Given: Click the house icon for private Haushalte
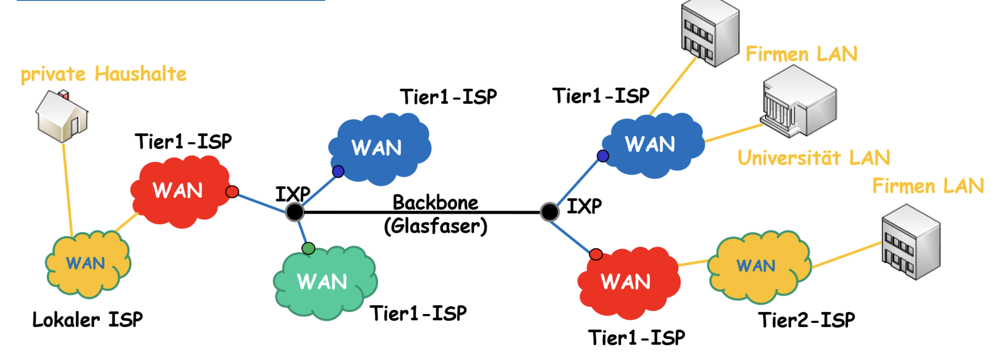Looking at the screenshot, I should point(62,116).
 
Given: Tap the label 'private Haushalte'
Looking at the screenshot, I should point(104,74).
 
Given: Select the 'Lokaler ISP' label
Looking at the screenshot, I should point(87,320).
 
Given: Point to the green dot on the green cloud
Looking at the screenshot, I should point(308,248).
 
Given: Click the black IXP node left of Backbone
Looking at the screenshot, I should point(295,212).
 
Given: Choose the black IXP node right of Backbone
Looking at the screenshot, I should point(549,212).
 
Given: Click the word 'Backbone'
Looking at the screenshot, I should point(435,202).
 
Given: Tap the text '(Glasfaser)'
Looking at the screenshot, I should point(435,226).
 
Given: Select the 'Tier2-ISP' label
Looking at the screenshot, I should point(806,320).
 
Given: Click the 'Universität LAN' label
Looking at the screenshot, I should point(814,157).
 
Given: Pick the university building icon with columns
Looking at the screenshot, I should point(799,102).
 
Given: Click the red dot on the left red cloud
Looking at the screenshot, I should point(232,192).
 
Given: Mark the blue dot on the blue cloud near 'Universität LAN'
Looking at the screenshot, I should point(603,156).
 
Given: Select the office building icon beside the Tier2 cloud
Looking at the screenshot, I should point(911,242).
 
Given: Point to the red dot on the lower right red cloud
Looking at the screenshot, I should point(596,254).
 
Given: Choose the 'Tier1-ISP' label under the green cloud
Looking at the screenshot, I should point(418,313).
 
